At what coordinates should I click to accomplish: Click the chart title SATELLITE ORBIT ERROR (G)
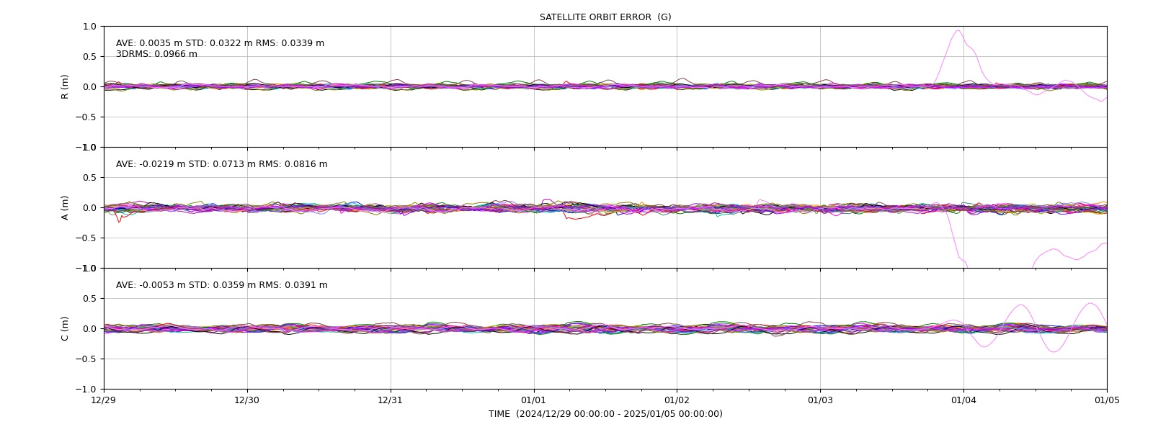pyautogui.click(x=605, y=17)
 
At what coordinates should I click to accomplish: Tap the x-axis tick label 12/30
pyautogui.click(x=247, y=400)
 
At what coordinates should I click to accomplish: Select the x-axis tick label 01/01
pyautogui.click(x=534, y=400)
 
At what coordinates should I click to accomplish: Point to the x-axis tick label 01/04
pyautogui.click(x=963, y=400)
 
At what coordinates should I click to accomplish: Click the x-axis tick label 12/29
pyautogui.click(x=104, y=400)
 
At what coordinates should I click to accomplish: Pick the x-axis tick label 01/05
pyautogui.click(x=1107, y=400)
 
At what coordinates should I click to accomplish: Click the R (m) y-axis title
pyautogui.click(x=64, y=87)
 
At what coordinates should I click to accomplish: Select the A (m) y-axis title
pyautogui.click(x=64, y=208)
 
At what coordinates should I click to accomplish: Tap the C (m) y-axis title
pyautogui.click(x=64, y=328)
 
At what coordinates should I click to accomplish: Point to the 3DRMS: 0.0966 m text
pyautogui.click(x=156, y=54)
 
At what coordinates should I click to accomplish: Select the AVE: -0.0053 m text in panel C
pyautogui.click(x=151, y=285)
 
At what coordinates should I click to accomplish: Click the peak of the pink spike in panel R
pyautogui.click(x=958, y=30)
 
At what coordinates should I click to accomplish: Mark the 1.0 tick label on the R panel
pyautogui.click(x=89, y=27)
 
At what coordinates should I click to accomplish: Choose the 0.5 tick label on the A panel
pyautogui.click(x=89, y=177)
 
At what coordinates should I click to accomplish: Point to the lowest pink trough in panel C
pyautogui.click(x=1054, y=352)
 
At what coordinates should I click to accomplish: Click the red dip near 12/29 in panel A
pyautogui.click(x=119, y=222)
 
